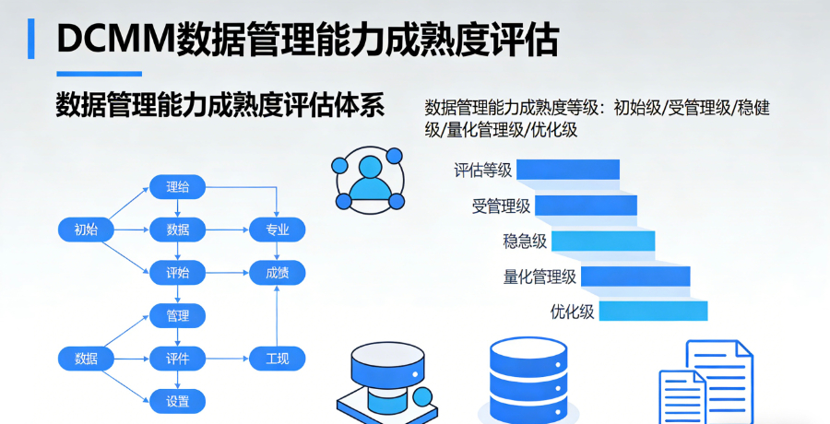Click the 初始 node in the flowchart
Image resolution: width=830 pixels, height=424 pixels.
pos(86,230)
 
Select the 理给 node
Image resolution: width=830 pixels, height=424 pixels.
pos(178,187)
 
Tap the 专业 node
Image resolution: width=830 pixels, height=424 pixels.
pos(278,230)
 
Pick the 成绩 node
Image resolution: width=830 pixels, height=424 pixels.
pos(278,273)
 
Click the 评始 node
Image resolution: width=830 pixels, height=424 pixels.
pos(178,273)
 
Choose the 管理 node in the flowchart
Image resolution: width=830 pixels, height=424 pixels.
pos(178,316)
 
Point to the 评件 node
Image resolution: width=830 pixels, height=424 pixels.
pos(178,359)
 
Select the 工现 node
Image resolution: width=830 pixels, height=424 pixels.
pos(278,359)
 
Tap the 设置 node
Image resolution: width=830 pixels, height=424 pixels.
pos(178,401)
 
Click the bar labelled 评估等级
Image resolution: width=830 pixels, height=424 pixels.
pos(568,170)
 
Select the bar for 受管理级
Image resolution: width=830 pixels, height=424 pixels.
pos(586,206)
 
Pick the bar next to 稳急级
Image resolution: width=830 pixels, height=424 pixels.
pos(603,241)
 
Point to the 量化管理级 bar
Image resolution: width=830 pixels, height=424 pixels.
pos(635,277)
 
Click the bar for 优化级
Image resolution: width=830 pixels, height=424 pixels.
pos(653,312)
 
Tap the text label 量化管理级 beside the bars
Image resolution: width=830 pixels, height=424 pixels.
pos(539,277)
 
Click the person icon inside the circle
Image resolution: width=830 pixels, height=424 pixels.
pos(370,177)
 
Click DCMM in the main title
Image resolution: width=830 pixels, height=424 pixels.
pos(114,39)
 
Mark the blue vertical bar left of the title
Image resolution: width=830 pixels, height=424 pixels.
pos(32,39)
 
